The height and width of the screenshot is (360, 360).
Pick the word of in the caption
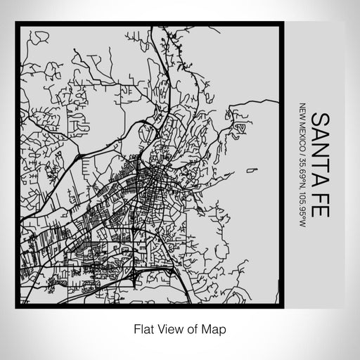click(193, 328)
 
